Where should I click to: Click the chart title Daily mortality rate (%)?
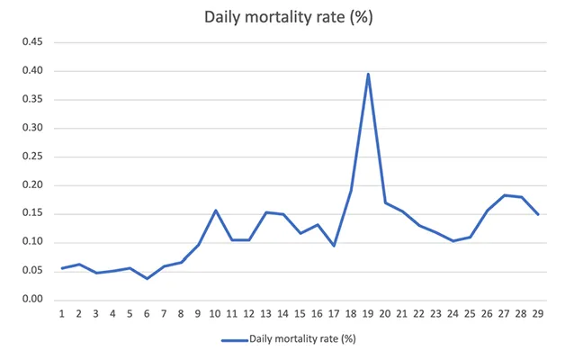287,17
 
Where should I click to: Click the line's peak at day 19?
368,75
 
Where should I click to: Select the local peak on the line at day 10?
216,210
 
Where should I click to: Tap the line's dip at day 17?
334,246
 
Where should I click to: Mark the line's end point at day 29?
538,214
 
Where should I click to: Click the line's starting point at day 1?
62,268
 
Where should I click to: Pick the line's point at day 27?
504,194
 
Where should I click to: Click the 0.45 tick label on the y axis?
30,42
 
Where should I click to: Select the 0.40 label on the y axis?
30,71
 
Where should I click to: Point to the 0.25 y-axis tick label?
30,157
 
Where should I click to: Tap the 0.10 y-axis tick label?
30,242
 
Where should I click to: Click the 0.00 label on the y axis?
30,299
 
